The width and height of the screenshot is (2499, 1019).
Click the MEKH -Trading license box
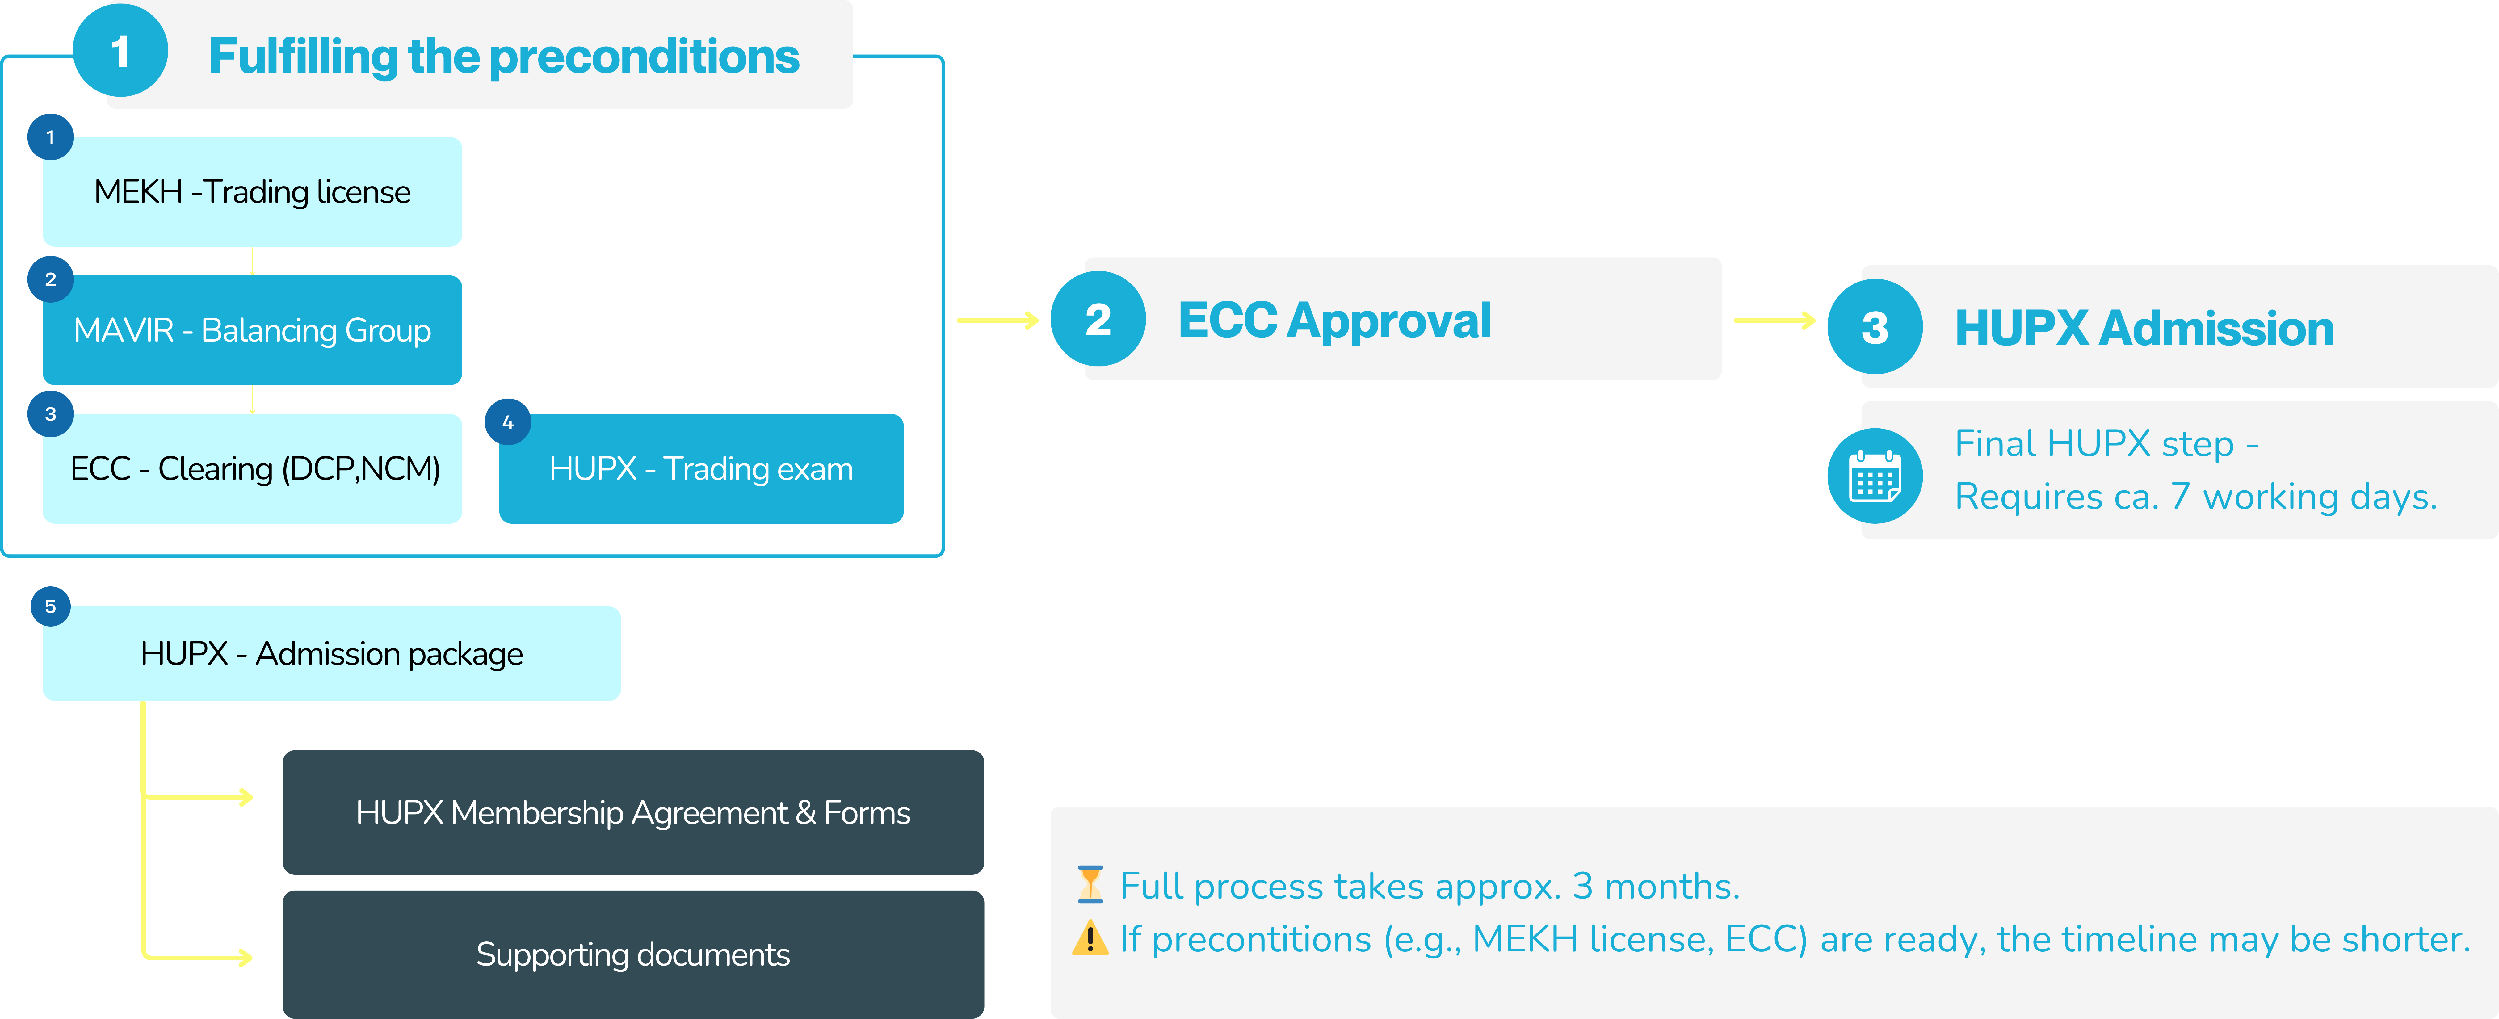pyautogui.click(x=252, y=192)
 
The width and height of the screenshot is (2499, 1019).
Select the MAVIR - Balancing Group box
pyautogui.click(x=252, y=331)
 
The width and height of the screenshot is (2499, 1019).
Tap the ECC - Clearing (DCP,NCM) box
pyautogui.click(x=252, y=469)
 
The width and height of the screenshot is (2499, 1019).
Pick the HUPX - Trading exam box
pyautogui.click(x=701, y=469)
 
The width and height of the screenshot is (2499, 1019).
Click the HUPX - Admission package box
pyautogui.click(x=332, y=653)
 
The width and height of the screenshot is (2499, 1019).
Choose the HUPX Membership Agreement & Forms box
pyautogui.click(x=633, y=812)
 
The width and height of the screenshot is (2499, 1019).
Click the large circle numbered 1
pyautogui.click(x=120, y=50)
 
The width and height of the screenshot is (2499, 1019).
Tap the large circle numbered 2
pyautogui.click(x=1098, y=319)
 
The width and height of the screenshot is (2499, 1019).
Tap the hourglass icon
pyautogui.click(x=1090, y=884)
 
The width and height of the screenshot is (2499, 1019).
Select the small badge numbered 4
pyautogui.click(x=507, y=422)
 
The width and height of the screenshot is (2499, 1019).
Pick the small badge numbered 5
pyautogui.click(x=50, y=606)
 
